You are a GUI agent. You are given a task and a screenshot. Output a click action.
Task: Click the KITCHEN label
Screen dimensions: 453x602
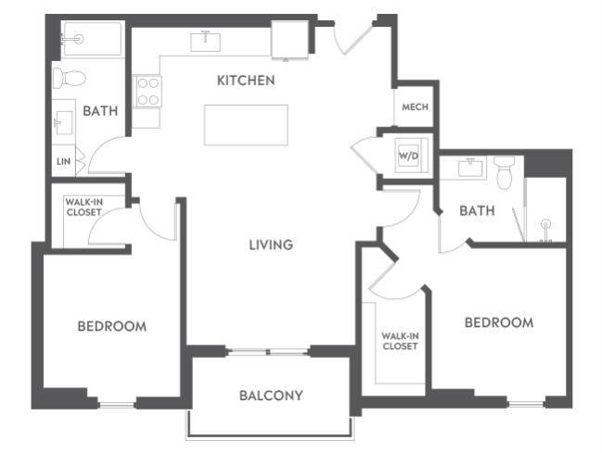246,81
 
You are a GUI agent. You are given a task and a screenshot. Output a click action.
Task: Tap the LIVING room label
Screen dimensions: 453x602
271,245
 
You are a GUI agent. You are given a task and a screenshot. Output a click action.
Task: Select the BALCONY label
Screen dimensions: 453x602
271,396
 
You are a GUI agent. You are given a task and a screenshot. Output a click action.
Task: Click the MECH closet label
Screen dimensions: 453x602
414,107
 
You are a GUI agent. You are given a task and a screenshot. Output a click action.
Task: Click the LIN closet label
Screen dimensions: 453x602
63,161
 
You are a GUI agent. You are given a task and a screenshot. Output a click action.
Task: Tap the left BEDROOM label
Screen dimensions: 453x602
111,326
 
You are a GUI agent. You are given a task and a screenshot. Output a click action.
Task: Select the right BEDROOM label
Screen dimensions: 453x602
498,322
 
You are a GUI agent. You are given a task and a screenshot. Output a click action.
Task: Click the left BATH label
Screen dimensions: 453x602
100,111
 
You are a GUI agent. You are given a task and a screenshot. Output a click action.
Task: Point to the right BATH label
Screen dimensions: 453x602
477,211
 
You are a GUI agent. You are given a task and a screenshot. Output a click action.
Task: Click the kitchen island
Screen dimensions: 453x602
246,125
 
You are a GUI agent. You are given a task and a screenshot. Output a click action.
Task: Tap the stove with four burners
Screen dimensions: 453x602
148,91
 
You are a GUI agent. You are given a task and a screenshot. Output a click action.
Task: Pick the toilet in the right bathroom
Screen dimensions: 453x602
505,172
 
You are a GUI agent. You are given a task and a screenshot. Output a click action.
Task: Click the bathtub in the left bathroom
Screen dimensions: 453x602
91,40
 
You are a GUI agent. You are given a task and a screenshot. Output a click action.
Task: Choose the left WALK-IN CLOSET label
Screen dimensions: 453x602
83,207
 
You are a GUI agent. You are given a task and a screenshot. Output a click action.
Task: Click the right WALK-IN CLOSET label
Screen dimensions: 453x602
399,341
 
